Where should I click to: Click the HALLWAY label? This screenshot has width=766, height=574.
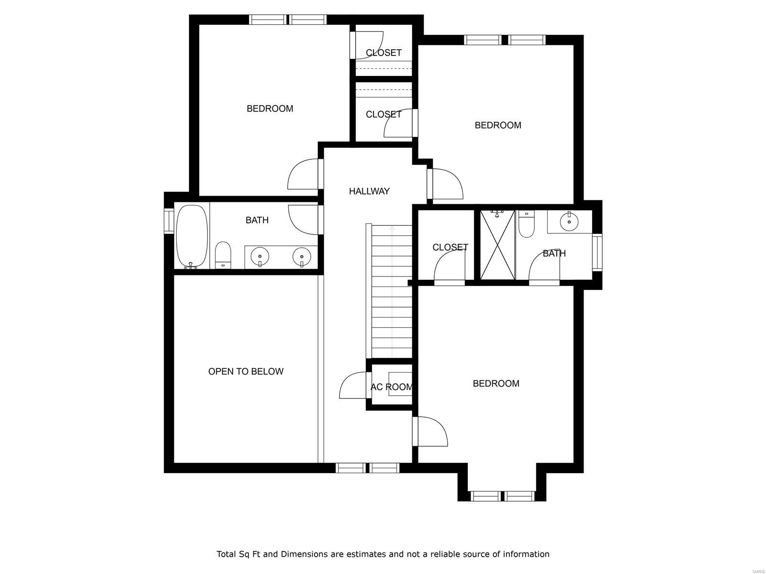tap(369, 191)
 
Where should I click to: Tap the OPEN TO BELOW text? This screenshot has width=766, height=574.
tap(246, 372)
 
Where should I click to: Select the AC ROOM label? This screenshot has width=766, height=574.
tap(391, 387)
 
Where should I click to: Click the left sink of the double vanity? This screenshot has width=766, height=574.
tap(260, 256)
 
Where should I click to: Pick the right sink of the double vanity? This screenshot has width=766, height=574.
tap(302, 256)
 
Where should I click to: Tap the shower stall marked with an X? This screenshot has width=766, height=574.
tap(497, 244)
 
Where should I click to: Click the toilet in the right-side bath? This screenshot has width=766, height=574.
tap(526, 224)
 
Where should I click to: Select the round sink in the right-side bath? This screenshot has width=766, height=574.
tap(569, 221)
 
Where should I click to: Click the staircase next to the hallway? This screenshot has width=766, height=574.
tap(392, 292)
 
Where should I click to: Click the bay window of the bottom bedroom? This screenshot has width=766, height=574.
tap(502, 496)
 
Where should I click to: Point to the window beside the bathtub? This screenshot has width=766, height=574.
tap(169, 221)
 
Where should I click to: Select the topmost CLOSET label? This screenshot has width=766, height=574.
tap(383, 53)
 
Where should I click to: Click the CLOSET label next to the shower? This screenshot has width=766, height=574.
tap(450, 247)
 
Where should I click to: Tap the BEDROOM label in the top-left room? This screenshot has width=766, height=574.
tap(270, 109)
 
